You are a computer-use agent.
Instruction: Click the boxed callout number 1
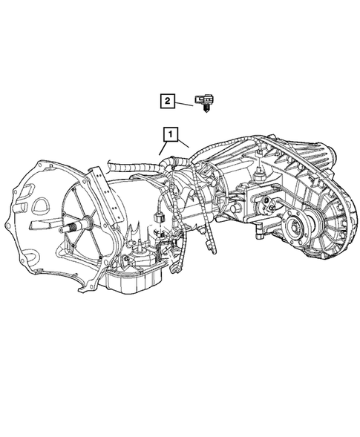[171, 134]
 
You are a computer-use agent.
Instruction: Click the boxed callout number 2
[168, 99]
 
